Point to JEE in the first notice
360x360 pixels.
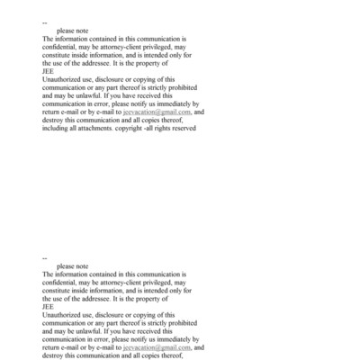[48, 71]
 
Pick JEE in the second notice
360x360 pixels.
[48, 306]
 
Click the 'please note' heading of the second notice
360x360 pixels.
[72, 266]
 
